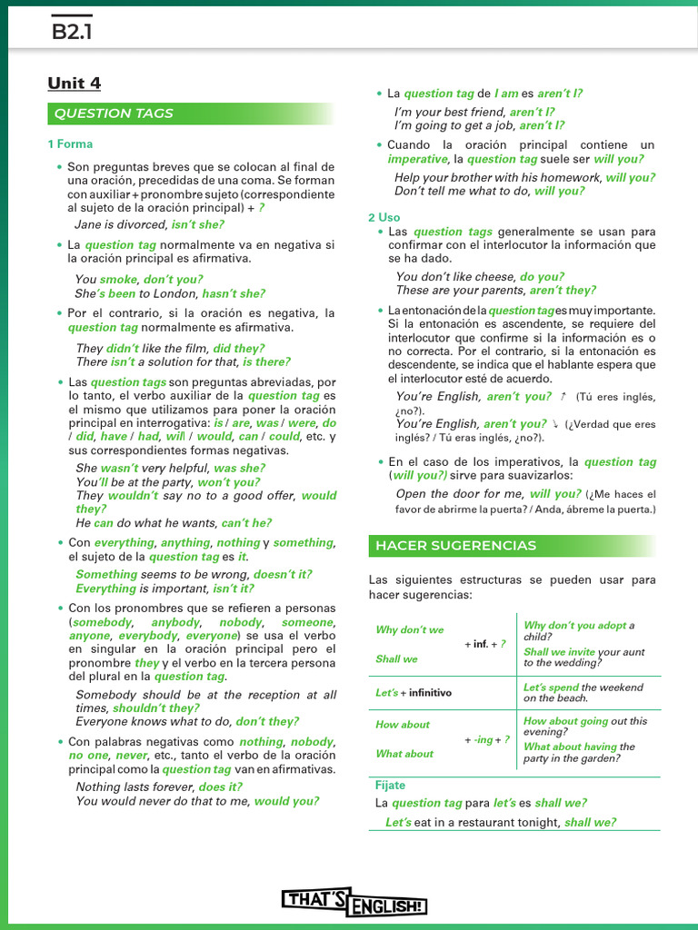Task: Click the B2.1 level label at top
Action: click(73, 33)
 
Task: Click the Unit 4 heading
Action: click(75, 84)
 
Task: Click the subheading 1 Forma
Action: click(70, 144)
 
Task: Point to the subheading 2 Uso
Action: click(384, 217)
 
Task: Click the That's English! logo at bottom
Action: click(354, 901)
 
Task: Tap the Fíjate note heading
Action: click(390, 786)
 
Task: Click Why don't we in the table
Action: click(410, 630)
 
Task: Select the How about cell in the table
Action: click(403, 725)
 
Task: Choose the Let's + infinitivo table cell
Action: click(414, 693)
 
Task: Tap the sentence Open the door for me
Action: click(460, 494)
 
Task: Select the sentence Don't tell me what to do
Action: click(463, 192)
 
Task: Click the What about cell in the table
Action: click(404, 754)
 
